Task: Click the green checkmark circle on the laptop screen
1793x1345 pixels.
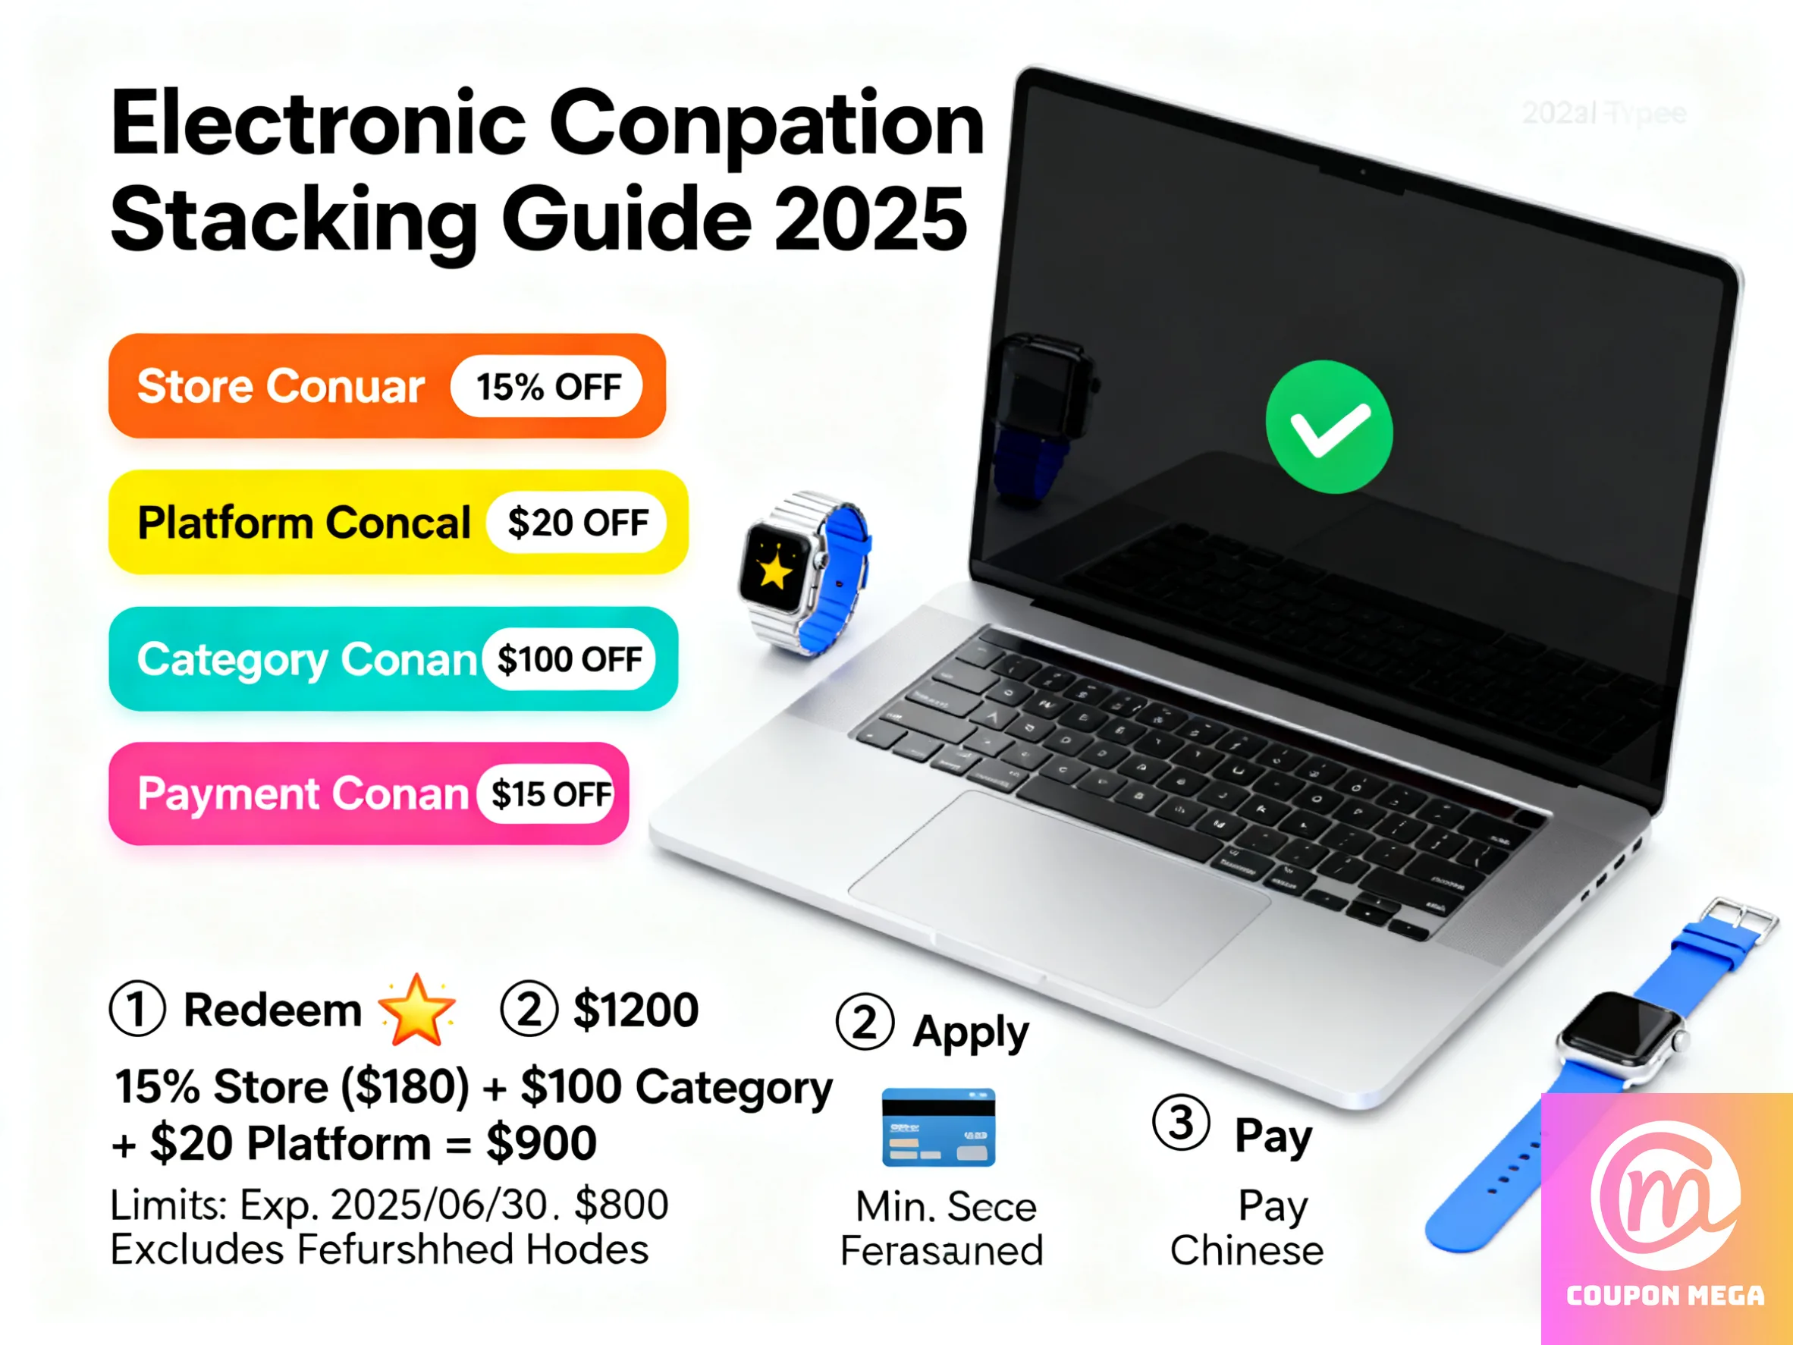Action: [x=1329, y=427]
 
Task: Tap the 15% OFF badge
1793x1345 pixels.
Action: [x=547, y=387]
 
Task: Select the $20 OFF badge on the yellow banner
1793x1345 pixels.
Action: [x=577, y=523]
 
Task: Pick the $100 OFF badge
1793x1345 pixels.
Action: [x=569, y=659]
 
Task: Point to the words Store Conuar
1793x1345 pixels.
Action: [x=281, y=386]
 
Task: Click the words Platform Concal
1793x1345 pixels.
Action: [x=303, y=523]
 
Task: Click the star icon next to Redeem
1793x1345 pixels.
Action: [x=416, y=1010]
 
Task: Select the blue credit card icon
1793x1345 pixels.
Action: [x=938, y=1127]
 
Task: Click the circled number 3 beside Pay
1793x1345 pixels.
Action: [x=1180, y=1123]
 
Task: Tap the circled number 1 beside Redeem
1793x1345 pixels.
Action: [x=137, y=1010]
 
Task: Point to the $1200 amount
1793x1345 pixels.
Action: [x=636, y=1010]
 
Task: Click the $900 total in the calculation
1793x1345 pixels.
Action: [x=541, y=1143]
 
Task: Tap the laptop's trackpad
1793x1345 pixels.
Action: [x=1058, y=896]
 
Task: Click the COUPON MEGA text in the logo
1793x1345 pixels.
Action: [x=1665, y=1296]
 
